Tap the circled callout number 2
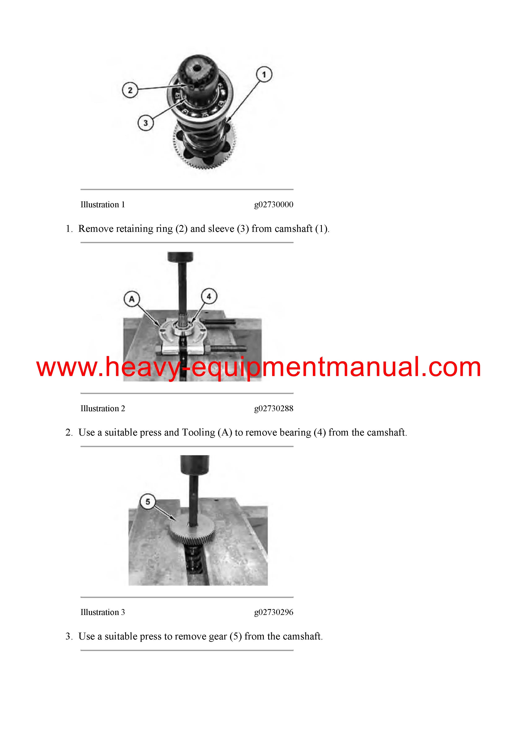tap(130, 90)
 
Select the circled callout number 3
tap(146, 123)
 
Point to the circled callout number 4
tap(209, 296)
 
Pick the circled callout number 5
tap(148, 502)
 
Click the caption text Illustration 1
tap(103, 205)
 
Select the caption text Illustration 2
tap(103, 408)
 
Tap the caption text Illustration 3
tap(103, 612)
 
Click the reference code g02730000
tap(274, 205)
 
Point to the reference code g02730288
tap(274, 408)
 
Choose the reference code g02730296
tap(274, 612)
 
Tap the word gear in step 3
tap(218, 636)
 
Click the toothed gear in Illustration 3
tap(192, 531)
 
